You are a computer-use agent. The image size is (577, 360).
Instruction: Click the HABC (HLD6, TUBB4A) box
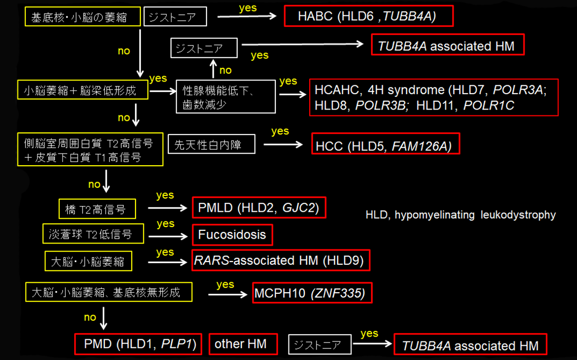368,16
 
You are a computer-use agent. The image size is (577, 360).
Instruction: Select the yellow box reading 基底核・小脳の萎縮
82,17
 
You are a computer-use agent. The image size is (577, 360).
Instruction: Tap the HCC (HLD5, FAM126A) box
385,143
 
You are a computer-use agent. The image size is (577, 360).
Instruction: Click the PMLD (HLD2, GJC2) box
259,208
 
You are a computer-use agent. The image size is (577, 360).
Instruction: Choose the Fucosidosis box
232,235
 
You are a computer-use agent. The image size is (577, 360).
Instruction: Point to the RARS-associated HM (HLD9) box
281,260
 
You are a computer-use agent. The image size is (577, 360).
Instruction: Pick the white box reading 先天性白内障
211,144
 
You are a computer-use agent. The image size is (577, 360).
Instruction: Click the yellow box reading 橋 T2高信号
97,209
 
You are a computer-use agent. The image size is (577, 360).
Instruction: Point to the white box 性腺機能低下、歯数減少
226,96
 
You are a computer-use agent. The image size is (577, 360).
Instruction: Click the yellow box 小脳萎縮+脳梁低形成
83,91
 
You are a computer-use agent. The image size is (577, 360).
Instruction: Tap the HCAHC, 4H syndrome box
434,97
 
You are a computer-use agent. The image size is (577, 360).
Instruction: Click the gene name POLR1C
489,105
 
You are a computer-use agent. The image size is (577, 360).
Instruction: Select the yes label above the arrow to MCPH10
225,284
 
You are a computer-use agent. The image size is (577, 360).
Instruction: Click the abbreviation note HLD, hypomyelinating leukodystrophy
461,215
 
